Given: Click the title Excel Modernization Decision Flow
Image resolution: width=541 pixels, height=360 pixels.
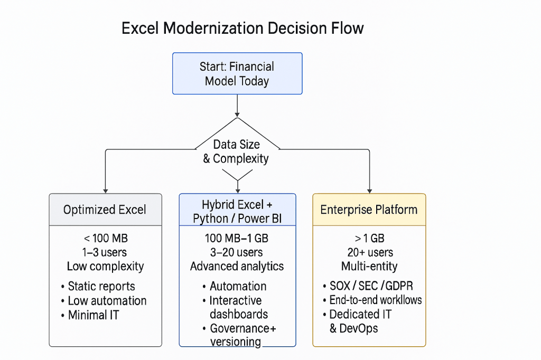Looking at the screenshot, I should click(x=242, y=28).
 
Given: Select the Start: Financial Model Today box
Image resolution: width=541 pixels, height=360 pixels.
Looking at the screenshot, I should click(x=237, y=74).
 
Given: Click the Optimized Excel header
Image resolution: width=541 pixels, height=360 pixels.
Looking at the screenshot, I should click(x=105, y=210).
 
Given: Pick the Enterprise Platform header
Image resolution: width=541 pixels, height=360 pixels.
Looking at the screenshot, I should click(x=369, y=210).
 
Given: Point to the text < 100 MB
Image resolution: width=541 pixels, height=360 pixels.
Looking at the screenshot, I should click(x=105, y=238).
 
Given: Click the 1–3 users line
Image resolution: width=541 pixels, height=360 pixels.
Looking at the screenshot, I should click(x=105, y=252).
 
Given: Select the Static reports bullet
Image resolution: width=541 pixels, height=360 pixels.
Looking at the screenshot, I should click(x=101, y=287).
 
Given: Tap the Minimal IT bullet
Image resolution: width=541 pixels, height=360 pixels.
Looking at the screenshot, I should click(x=94, y=315).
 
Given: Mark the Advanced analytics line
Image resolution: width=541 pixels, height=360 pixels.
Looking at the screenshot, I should click(x=237, y=266).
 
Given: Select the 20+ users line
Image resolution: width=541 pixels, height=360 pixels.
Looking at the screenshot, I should click(x=369, y=252).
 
